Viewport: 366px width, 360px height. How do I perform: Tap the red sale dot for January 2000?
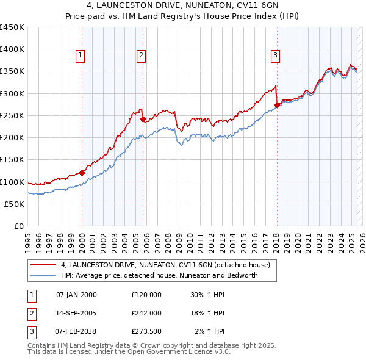[82, 173]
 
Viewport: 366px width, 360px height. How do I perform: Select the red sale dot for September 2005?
[143, 120]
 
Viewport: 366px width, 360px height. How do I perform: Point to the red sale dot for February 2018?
[277, 105]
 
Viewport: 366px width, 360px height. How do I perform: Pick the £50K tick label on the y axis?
[15, 204]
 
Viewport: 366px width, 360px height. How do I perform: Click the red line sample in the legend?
[43, 265]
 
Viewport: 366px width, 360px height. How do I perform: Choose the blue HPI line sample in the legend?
[43, 275]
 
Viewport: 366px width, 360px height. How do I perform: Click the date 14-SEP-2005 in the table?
[76, 313]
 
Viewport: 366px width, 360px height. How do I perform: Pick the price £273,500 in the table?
[146, 331]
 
